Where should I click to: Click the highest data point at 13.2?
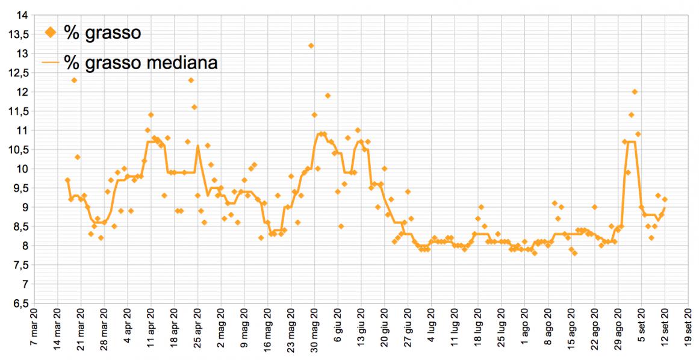(x=311, y=46)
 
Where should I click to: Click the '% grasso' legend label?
(x=102, y=33)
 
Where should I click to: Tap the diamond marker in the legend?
(x=51, y=33)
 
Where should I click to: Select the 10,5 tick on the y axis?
(x=19, y=150)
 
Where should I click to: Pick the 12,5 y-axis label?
(x=19, y=73)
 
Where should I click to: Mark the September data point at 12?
(x=635, y=92)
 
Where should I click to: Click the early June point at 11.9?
(x=328, y=96)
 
